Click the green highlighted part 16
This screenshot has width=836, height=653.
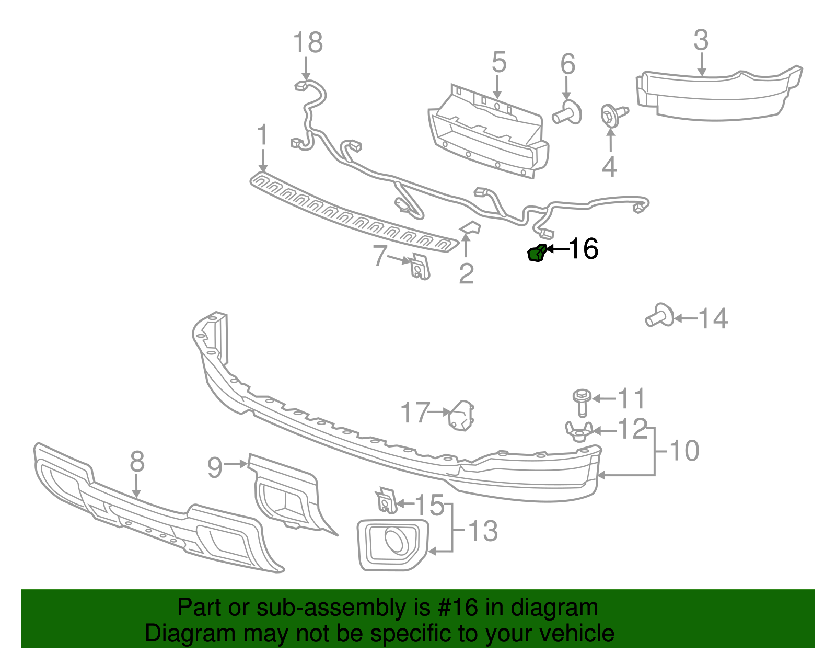point(536,254)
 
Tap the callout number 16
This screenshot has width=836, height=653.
point(583,249)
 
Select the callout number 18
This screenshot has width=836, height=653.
point(308,42)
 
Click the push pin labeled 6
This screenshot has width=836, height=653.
point(567,112)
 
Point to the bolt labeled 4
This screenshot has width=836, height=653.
point(612,116)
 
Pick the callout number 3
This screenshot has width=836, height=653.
point(701,40)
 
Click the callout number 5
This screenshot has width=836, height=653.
point(499,62)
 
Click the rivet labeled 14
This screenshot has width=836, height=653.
point(660,316)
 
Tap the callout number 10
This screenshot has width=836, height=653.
point(684,450)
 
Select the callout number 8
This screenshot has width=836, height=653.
point(136,462)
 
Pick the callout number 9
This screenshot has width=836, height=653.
point(215,467)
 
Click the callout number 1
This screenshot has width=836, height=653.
point(262,135)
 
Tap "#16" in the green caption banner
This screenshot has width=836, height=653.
point(456,608)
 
